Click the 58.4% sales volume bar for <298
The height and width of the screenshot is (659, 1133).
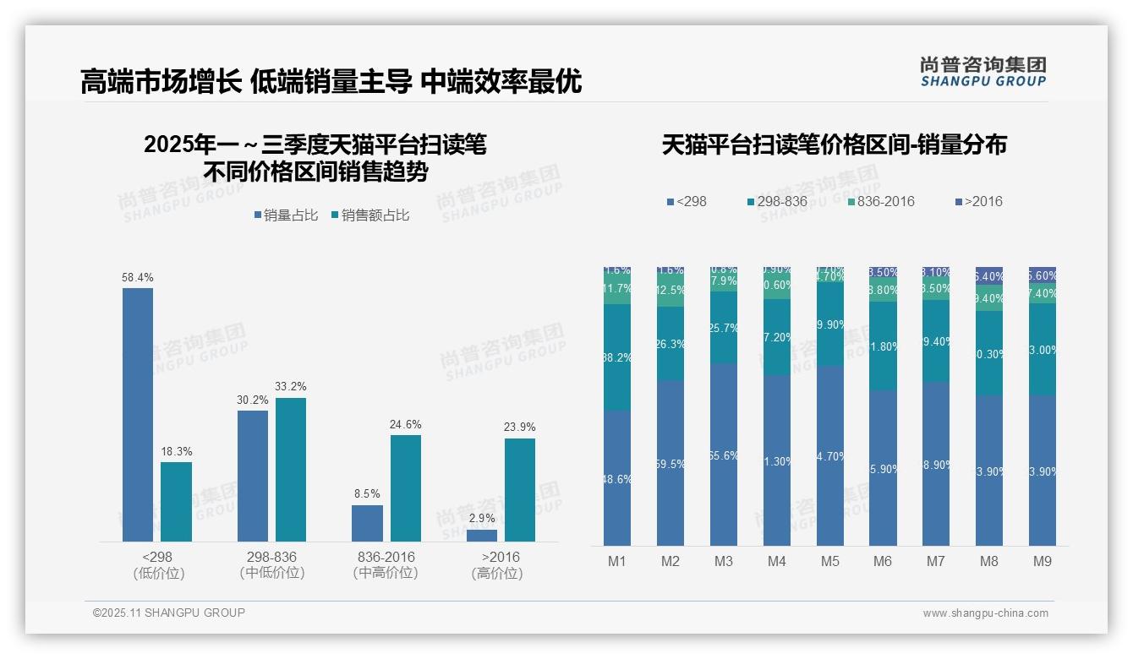pos(138,414)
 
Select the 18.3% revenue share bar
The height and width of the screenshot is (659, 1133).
pos(176,501)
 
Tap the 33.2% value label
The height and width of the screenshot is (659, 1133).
pos(290,387)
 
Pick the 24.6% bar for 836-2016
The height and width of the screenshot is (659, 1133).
pos(405,487)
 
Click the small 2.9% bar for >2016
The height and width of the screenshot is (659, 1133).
pos(482,535)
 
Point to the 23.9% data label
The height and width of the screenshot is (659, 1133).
pos(519,427)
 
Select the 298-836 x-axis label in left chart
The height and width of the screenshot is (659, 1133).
pos(271,558)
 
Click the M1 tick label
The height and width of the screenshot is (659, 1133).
pos(616,562)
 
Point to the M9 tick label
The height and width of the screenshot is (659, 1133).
pos(1042,562)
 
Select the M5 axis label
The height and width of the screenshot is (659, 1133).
pos(829,562)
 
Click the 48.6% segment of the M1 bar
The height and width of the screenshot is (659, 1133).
pos(616,477)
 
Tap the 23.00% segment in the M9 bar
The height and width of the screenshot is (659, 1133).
pos(1042,350)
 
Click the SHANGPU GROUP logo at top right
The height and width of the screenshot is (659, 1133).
pos(983,72)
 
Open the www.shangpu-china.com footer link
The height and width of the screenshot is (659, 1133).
pos(985,613)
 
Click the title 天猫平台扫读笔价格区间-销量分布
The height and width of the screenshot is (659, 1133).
pos(834,145)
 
